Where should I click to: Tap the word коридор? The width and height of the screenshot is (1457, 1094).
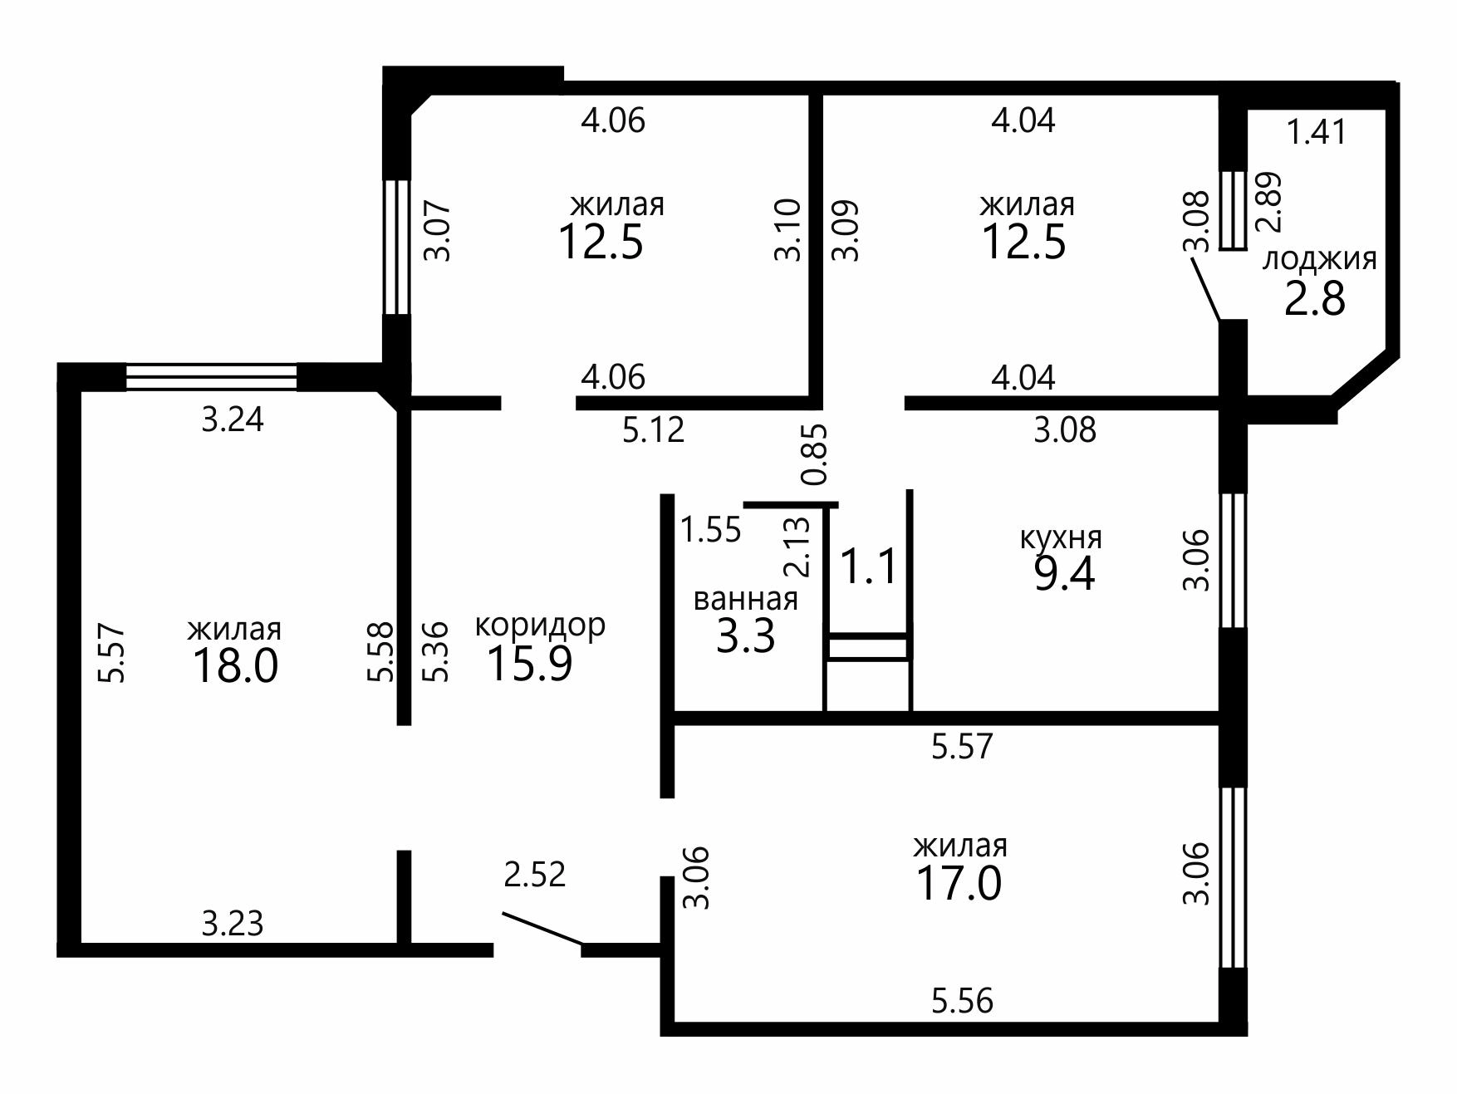(x=540, y=625)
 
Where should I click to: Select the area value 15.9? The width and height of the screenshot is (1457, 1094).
(x=529, y=664)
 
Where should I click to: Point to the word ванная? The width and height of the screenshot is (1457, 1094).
(x=745, y=599)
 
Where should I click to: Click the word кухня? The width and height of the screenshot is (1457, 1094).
(x=1061, y=538)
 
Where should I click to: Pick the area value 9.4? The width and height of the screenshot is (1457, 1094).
(x=1064, y=574)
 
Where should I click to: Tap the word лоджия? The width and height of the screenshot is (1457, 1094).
(x=1319, y=260)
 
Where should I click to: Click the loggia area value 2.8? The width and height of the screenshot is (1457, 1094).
(x=1315, y=299)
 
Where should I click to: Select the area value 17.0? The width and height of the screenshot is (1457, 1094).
(x=959, y=884)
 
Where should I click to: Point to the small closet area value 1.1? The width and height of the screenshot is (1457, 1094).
(x=869, y=567)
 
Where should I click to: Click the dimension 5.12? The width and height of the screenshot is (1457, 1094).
(x=654, y=430)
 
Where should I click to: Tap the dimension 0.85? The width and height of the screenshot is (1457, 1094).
(x=816, y=454)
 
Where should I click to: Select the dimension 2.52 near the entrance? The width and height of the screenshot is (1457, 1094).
(x=535, y=875)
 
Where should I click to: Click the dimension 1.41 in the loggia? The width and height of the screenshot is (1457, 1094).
(x=1317, y=132)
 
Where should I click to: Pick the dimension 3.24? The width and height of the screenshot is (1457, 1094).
(x=233, y=419)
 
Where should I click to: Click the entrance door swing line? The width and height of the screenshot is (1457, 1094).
(x=542, y=929)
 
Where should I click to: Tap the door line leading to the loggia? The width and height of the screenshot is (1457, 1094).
(x=1205, y=290)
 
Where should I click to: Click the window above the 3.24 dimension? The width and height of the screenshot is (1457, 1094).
(x=211, y=377)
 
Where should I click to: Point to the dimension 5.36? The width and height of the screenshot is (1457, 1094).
(x=435, y=652)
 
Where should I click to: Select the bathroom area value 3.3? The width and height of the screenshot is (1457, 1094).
(x=745, y=637)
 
